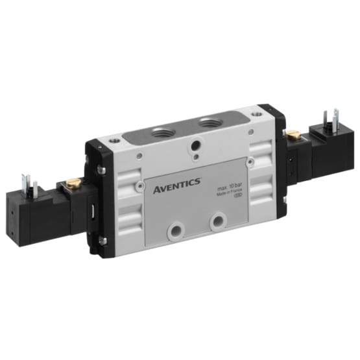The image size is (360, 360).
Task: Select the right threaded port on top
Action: click(209, 123)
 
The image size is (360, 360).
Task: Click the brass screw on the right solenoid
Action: click(293, 134)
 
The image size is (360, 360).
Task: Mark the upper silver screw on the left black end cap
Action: click(100, 171)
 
